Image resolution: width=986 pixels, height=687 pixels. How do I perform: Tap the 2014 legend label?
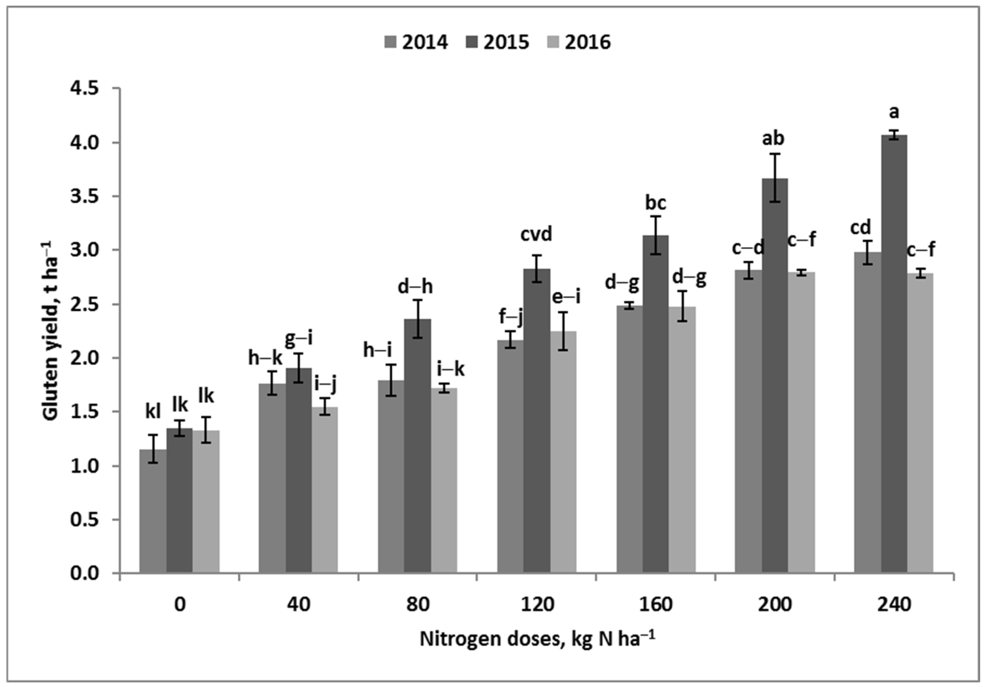425,42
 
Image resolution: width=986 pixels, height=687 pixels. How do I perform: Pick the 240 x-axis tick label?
894,605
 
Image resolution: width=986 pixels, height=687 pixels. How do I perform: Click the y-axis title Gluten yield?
51,331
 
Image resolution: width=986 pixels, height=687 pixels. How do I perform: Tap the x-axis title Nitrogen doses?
537,639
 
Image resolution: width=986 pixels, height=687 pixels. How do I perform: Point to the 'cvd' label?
536,235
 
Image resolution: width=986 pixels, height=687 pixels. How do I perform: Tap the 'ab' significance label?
773,139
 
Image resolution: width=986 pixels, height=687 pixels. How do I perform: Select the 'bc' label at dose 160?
656,203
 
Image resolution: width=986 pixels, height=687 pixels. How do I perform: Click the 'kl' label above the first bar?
153,412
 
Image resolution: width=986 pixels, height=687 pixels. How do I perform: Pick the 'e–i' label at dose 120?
566,297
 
